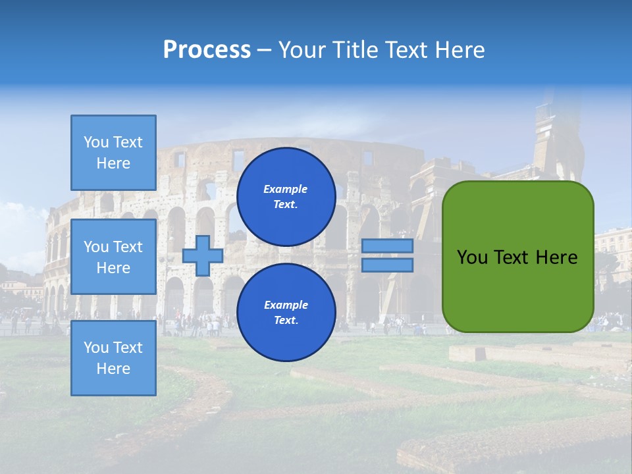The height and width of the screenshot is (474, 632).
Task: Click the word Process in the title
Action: coord(207,50)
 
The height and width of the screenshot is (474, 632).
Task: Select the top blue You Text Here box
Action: coord(113,153)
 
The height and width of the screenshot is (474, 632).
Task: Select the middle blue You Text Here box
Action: coord(113,257)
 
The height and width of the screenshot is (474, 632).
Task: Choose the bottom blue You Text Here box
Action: coord(113,358)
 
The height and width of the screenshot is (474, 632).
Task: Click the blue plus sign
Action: coord(203,256)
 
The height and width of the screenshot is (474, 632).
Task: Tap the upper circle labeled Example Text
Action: coord(286,197)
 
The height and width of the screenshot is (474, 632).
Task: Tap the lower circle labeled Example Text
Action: coord(286,313)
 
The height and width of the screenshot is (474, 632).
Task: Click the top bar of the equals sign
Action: coord(388,246)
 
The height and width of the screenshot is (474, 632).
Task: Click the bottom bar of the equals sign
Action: coord(388,265)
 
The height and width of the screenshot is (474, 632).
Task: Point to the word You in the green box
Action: coord(472,257)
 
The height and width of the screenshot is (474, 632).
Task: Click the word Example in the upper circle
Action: coord(286,190)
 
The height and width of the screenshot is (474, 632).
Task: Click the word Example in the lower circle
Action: coord(286,305)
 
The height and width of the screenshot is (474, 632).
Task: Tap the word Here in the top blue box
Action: coord(113,163)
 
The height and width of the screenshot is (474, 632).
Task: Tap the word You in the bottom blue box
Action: coord(96,348)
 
